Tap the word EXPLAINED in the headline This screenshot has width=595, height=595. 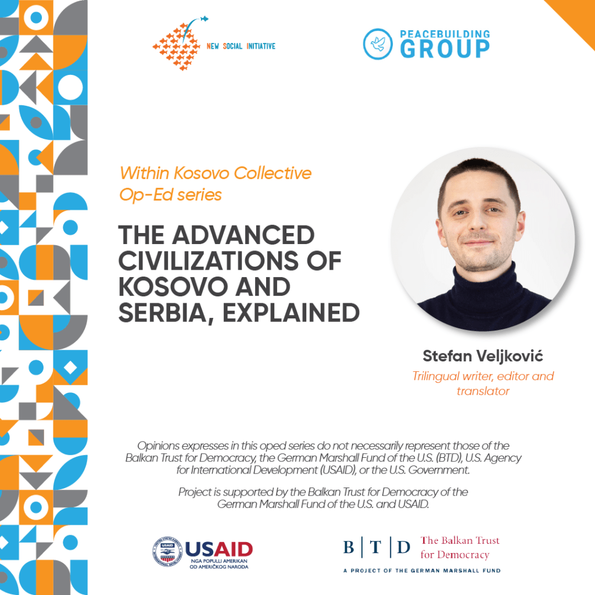pos(291,313)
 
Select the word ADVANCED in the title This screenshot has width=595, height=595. pos(243,235)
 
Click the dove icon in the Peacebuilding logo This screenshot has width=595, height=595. pos(378,44)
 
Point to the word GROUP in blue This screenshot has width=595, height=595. pos(445,49)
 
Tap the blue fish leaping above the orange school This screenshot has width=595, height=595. pos(204,19)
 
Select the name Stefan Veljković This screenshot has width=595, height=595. pos(483,356)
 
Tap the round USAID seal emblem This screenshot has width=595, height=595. pos(167,552)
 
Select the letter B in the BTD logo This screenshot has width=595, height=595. pos(349,547)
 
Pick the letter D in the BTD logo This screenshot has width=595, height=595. pos(403,547)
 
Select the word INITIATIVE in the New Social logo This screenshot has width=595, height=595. pos(261,46)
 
